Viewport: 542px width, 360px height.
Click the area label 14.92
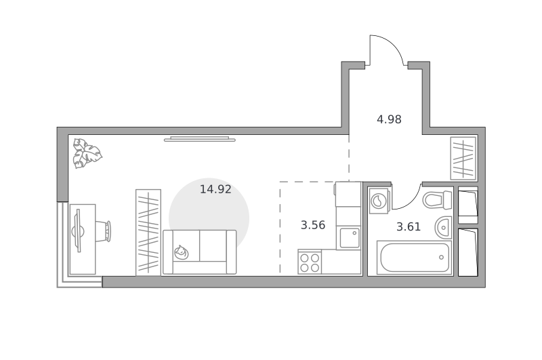click(215, 189)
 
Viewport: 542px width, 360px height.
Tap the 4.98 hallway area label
click(389, 119)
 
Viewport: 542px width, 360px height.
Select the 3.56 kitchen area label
click(313, 225)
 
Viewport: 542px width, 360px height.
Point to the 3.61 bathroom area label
click(409, 227)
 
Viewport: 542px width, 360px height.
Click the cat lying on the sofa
click(181, 252)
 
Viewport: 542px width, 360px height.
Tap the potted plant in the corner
click(87, 153)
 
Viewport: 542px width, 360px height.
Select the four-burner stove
click(310, 262)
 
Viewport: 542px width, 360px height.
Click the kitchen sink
click(349, 237)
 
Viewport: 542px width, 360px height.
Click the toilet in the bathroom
click(437, 200)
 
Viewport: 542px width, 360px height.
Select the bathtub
click(415, 258)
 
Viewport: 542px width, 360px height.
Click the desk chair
click(104, 231)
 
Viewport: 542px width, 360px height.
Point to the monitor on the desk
click(78, 231)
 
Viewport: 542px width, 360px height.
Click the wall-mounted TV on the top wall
click(199, 139)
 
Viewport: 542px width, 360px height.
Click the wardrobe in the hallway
click(463, 158)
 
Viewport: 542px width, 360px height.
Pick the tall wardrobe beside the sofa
click(148, 233)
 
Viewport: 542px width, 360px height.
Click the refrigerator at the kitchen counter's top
click(348, 194)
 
